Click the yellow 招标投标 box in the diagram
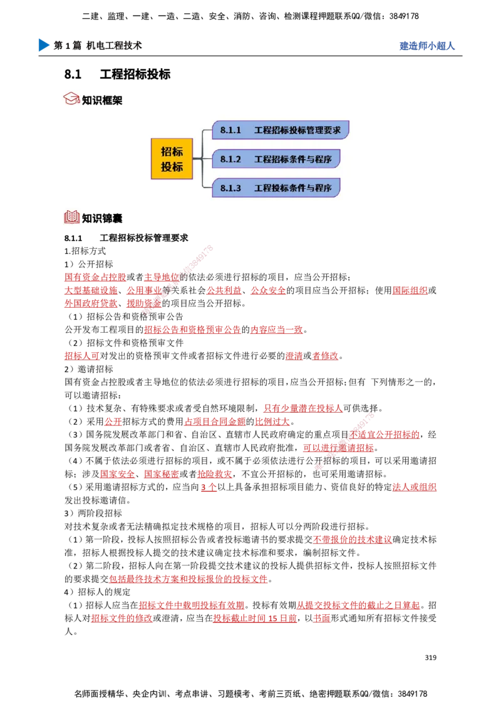(x=172, y=159)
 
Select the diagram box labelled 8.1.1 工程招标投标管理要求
(x=281, y=130)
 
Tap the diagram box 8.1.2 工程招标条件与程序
(x=276, y=159)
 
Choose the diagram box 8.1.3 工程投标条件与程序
(x=276, y=188)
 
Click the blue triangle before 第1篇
(x=44, y=45)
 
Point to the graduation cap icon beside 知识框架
(x=71, y=99)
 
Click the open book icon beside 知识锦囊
(x=72, y=217)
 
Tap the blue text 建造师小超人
(x=427, y=46)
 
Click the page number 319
(x=430, y=657)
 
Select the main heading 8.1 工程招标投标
(x=118, y=74)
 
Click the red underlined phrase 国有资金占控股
(x=95, y=277)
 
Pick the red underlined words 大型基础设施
(x=91, y=290)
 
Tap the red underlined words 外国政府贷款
(x=91, y=303)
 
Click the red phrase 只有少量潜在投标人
(x=303, y=408)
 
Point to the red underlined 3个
(x=209, y=487)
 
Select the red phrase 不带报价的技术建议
(x=353, y=540)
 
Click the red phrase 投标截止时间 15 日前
(x=255, y=618)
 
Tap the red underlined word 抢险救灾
(x=215, y=474)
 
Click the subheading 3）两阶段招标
(x=93, y=513)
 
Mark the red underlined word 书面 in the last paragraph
(x=321, y=618)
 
